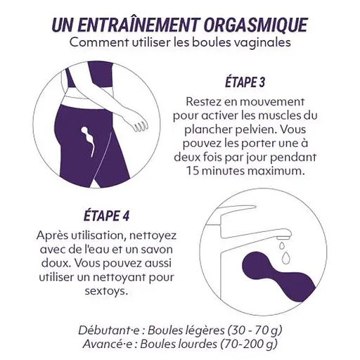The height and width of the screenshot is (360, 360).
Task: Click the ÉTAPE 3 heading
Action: (245, 82)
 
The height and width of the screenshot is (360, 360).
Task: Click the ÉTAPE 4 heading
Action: (106, 216)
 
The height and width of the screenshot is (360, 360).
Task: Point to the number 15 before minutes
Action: (193, 171)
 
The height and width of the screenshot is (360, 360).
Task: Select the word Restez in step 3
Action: (202, 102)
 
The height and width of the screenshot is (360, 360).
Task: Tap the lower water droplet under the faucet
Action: (286, 257)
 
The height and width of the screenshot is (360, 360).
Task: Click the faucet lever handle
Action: (237, 210)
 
